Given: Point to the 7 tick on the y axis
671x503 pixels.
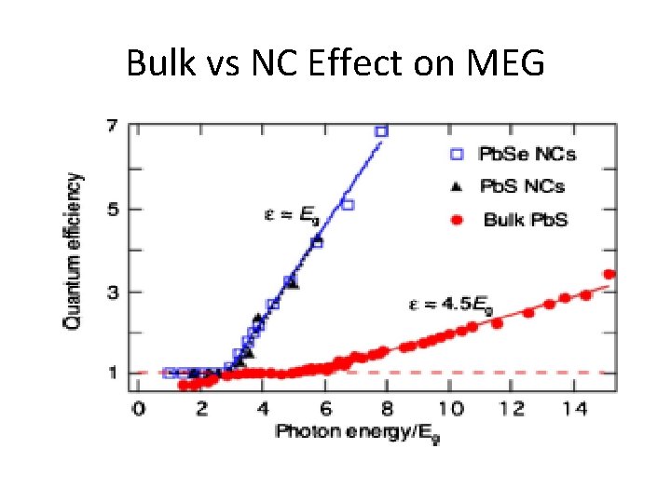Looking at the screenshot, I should (x=112, y=126).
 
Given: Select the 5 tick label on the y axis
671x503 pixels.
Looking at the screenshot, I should (x=112, y=209).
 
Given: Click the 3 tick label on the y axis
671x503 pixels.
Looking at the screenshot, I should (x=112, y=292).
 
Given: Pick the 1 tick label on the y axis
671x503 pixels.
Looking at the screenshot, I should (x=112, y=374).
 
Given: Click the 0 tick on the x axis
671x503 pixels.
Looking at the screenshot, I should (x=138, y=409).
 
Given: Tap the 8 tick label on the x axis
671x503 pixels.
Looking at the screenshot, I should (x=388, y=409).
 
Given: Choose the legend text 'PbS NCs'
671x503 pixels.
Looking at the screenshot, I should (x=520, y=186).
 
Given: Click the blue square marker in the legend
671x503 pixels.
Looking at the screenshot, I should (x=457, y=153).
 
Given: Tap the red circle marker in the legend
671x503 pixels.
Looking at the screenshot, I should (x=457, y=221).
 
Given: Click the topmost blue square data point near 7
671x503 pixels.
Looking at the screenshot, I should (x=380, y=132).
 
